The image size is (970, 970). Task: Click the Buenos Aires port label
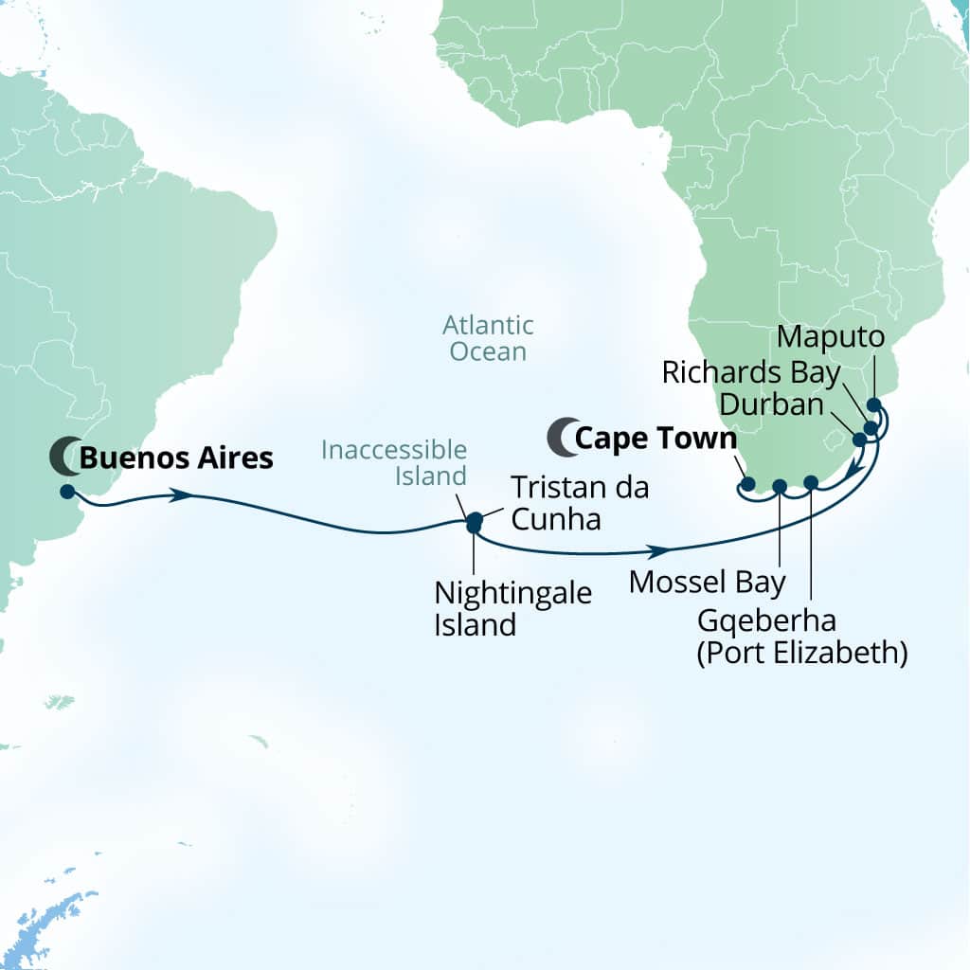coord(176,458)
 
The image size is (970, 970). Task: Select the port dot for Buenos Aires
coord(66,491)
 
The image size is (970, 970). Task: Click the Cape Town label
coord(656,439)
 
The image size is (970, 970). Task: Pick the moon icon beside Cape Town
coord(560,437)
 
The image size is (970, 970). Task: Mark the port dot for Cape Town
coord(748,484)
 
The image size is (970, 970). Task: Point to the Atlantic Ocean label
coord(488,339)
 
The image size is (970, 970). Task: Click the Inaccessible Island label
coord(394,462)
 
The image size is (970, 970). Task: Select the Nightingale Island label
coord(512,609)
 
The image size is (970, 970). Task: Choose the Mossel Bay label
coord(707,582)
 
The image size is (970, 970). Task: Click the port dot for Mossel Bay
coord(780,487)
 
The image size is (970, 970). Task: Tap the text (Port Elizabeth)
coord(802,653)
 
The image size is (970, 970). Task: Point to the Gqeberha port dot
coord(811,482)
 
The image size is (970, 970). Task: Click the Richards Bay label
coord(751,372)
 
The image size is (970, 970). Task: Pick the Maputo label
coord(830,336)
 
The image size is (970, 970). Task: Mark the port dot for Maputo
coord(873,405)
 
